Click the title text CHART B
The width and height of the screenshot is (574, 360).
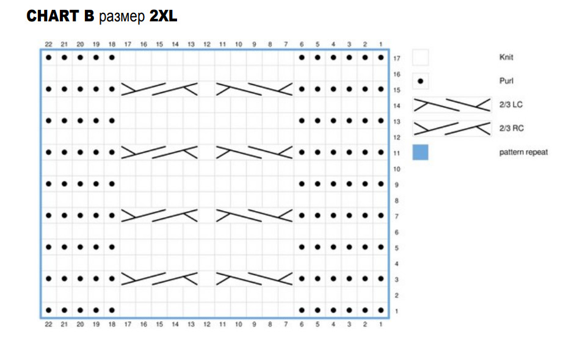(x=60, y=16)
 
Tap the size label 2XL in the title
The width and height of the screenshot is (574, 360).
(x=163, y=16)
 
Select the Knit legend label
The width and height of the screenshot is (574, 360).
(x=506, y=57)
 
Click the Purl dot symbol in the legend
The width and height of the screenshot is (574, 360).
(x=420, y=81)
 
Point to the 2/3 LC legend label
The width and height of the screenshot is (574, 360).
(x=510, y=105)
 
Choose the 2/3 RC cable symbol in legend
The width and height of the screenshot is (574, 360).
(x=452, y=128)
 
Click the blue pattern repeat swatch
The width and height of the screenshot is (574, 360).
(x=420, y=152)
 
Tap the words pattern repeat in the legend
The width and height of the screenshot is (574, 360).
(x=523, y=152)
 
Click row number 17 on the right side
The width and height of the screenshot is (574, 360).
(x=396, y=59)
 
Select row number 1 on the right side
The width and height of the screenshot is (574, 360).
(x=396, y=312)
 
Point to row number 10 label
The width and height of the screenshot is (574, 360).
(x=396, y=169)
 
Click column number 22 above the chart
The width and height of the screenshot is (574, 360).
(x=48, y=44)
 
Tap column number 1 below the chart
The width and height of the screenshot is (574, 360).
(x=380, y=325)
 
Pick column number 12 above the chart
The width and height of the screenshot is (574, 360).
(x=206, y=44)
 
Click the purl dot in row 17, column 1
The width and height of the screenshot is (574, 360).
(x=380, y=58)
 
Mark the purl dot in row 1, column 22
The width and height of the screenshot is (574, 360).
(x=48, y=311)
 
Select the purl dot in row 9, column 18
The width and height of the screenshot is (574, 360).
(x=112, y=184)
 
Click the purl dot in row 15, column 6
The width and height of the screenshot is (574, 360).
(x=302, y=90)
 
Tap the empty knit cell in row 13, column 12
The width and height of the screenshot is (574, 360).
(x=206, y=121)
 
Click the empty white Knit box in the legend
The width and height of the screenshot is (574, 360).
(x=420, y=57)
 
